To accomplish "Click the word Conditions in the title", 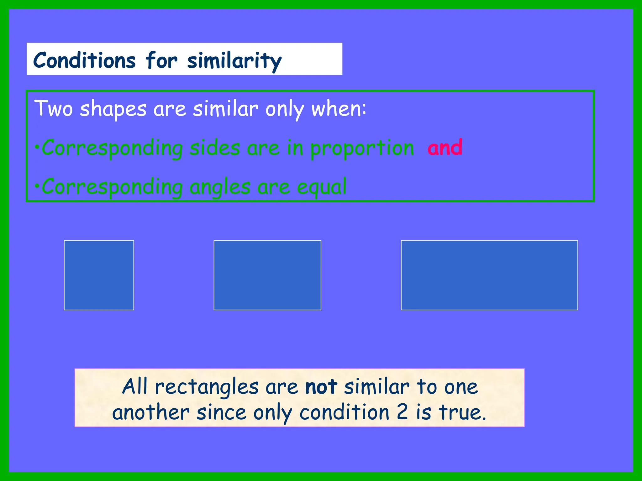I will [84, 60].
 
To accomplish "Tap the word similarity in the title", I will [234, 61].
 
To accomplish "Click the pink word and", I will [445, 147].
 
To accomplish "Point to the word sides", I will [215, 148].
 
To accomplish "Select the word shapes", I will [113, 110].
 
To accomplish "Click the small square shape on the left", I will [99, 275].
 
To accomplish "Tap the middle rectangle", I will [267, 275].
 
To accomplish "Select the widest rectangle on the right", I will [489, 275].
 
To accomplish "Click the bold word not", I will [321, 387].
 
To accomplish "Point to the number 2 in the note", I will [402, 412].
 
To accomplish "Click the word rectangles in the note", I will [207, 387].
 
